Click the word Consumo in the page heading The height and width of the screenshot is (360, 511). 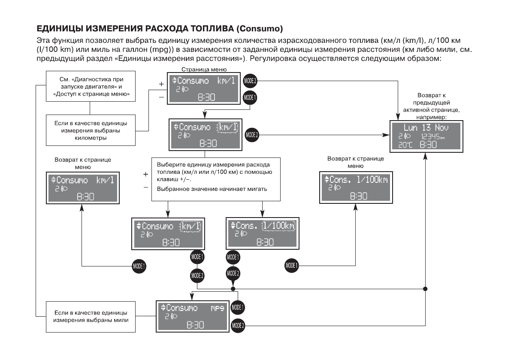tap(260, 29)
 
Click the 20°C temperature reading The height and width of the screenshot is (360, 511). tap(405, 145)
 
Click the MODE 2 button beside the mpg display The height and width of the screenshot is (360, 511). tap(238, 325)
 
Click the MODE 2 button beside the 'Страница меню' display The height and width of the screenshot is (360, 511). tap(250, 80)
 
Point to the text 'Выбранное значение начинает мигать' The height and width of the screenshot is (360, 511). tap(212, 189)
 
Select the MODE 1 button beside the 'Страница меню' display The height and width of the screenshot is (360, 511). tap(250, 97)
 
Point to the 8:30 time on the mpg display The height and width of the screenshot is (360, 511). tap(195, 325)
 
